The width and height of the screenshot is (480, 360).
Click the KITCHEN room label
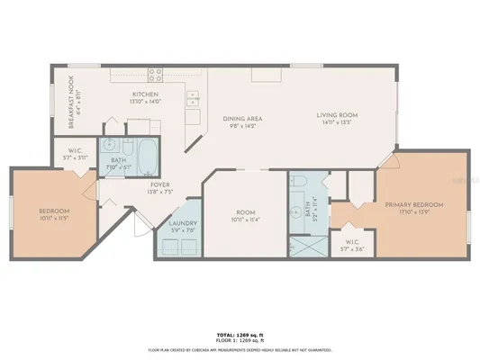coord(146,94)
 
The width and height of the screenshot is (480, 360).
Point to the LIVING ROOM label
coord(338,115)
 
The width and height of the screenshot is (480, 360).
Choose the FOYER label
coord(160,184)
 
